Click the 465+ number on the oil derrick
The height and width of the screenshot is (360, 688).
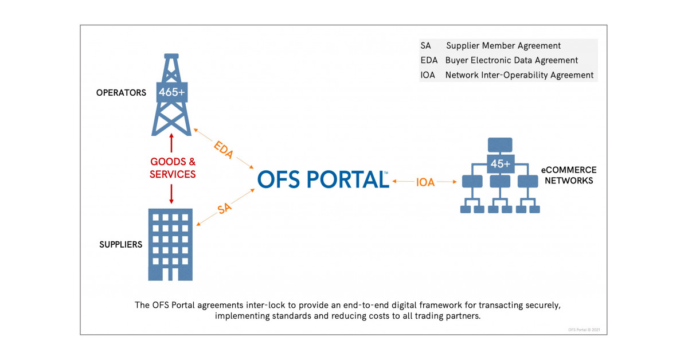coord(172,92)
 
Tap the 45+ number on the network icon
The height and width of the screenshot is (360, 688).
coord(500,164)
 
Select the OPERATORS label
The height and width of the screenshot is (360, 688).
coord(122,93)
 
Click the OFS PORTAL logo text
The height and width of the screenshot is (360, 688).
coord(323,179)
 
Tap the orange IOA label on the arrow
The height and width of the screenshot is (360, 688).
coord(425,182)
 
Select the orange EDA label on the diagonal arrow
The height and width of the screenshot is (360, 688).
coord(224,149)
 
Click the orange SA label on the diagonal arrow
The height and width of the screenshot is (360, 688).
coord(225,209)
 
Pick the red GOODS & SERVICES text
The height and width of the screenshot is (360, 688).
coord(173,169)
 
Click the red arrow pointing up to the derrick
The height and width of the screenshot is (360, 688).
coord(172,143)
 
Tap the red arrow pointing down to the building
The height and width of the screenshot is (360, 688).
coord(172,193)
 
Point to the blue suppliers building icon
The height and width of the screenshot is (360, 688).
coord(170,244)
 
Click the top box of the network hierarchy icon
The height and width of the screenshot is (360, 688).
coord(500,144)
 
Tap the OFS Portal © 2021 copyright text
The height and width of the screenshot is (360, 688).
coord(583,328)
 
